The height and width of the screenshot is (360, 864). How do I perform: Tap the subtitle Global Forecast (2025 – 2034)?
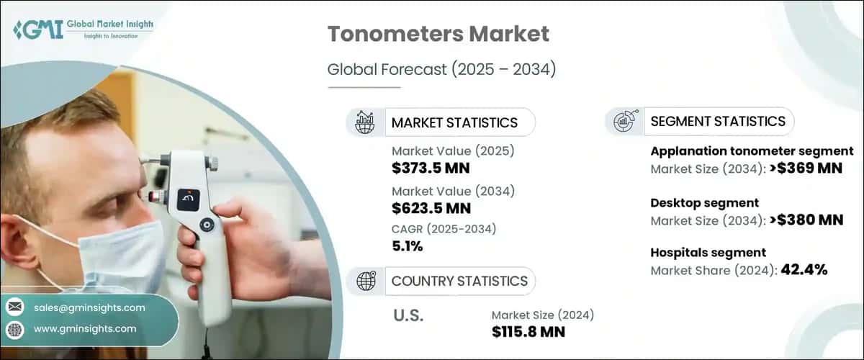pos(441,70)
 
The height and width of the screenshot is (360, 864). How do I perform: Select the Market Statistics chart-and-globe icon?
pos(366,122)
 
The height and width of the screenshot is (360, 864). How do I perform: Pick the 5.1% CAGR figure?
pos(407,246)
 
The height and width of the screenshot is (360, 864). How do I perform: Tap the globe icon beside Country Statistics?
pos(366,281)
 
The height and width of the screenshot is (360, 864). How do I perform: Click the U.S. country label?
pos(408,316)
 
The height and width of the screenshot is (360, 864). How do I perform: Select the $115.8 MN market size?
pos(528,332)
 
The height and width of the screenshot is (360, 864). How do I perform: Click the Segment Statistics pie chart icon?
pos(624,121)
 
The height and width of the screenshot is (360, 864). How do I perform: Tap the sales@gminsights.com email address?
pos(89,307)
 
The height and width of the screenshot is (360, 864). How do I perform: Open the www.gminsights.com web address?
pos(85,329)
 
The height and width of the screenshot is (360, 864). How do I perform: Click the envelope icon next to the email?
pos(14,307)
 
